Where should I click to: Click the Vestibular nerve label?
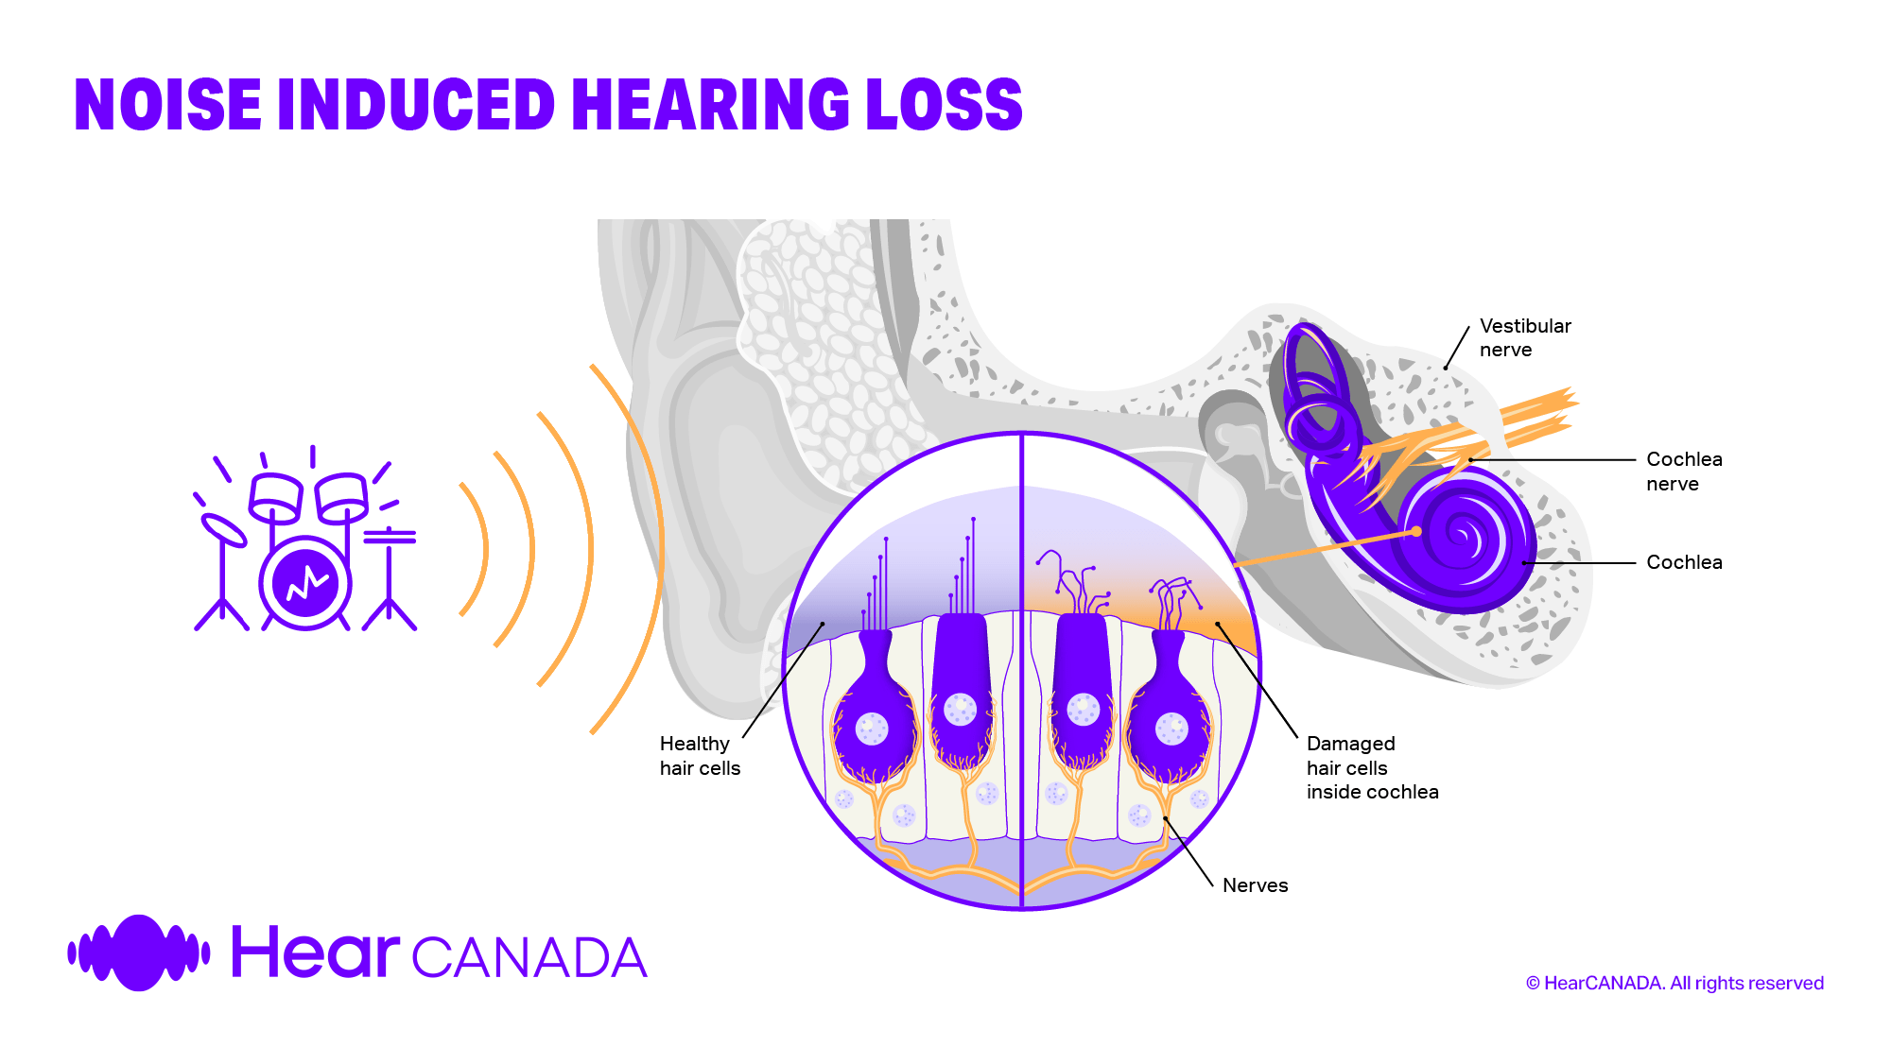(x=1524, y=337)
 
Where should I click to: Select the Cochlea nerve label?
(x=1683, y=471)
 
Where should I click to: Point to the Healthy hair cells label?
(x=699, y=755)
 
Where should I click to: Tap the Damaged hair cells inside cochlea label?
(x=1371, y=767)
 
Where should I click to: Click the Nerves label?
(x=1255, y=885)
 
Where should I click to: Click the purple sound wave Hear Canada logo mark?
(x=139, y=952)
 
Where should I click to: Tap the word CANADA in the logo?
(x=529, y=958)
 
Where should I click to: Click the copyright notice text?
(x=1674, y=983)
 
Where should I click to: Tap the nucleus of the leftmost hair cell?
(x=872, y=729)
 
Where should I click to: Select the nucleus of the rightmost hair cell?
(x=1171, y=729)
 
